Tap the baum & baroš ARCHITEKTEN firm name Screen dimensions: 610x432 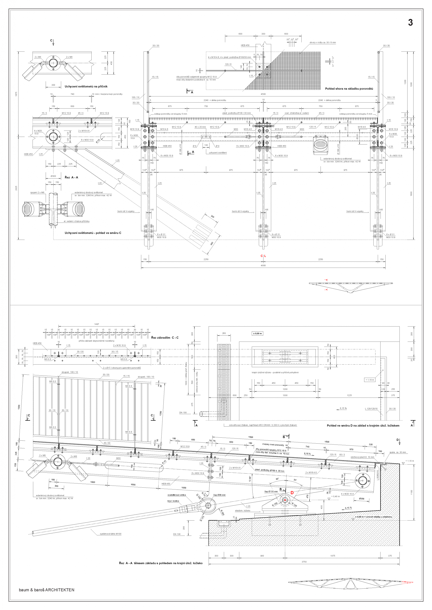(47, 589)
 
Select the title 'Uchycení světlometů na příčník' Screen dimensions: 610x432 (86, 86)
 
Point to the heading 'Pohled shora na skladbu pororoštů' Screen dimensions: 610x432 (349, 89)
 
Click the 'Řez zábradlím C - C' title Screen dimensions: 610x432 (165, 338)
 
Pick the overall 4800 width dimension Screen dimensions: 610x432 (263, 265)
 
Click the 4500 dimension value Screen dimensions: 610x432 (263, 94)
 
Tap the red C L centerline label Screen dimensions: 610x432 (263, 256)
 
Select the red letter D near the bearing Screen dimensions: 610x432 (292, 492)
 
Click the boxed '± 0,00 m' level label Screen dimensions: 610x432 (257, 333)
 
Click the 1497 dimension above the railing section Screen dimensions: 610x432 (96, 324)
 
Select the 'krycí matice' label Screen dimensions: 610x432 (173, 501)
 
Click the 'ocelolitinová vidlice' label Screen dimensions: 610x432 (177, 495)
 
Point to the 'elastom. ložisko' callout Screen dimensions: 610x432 (243, 510)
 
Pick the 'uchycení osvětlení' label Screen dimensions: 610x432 (218, 153)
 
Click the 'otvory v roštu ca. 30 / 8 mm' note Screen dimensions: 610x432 (322, 42)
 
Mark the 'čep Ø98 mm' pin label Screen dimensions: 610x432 (219, 495)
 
